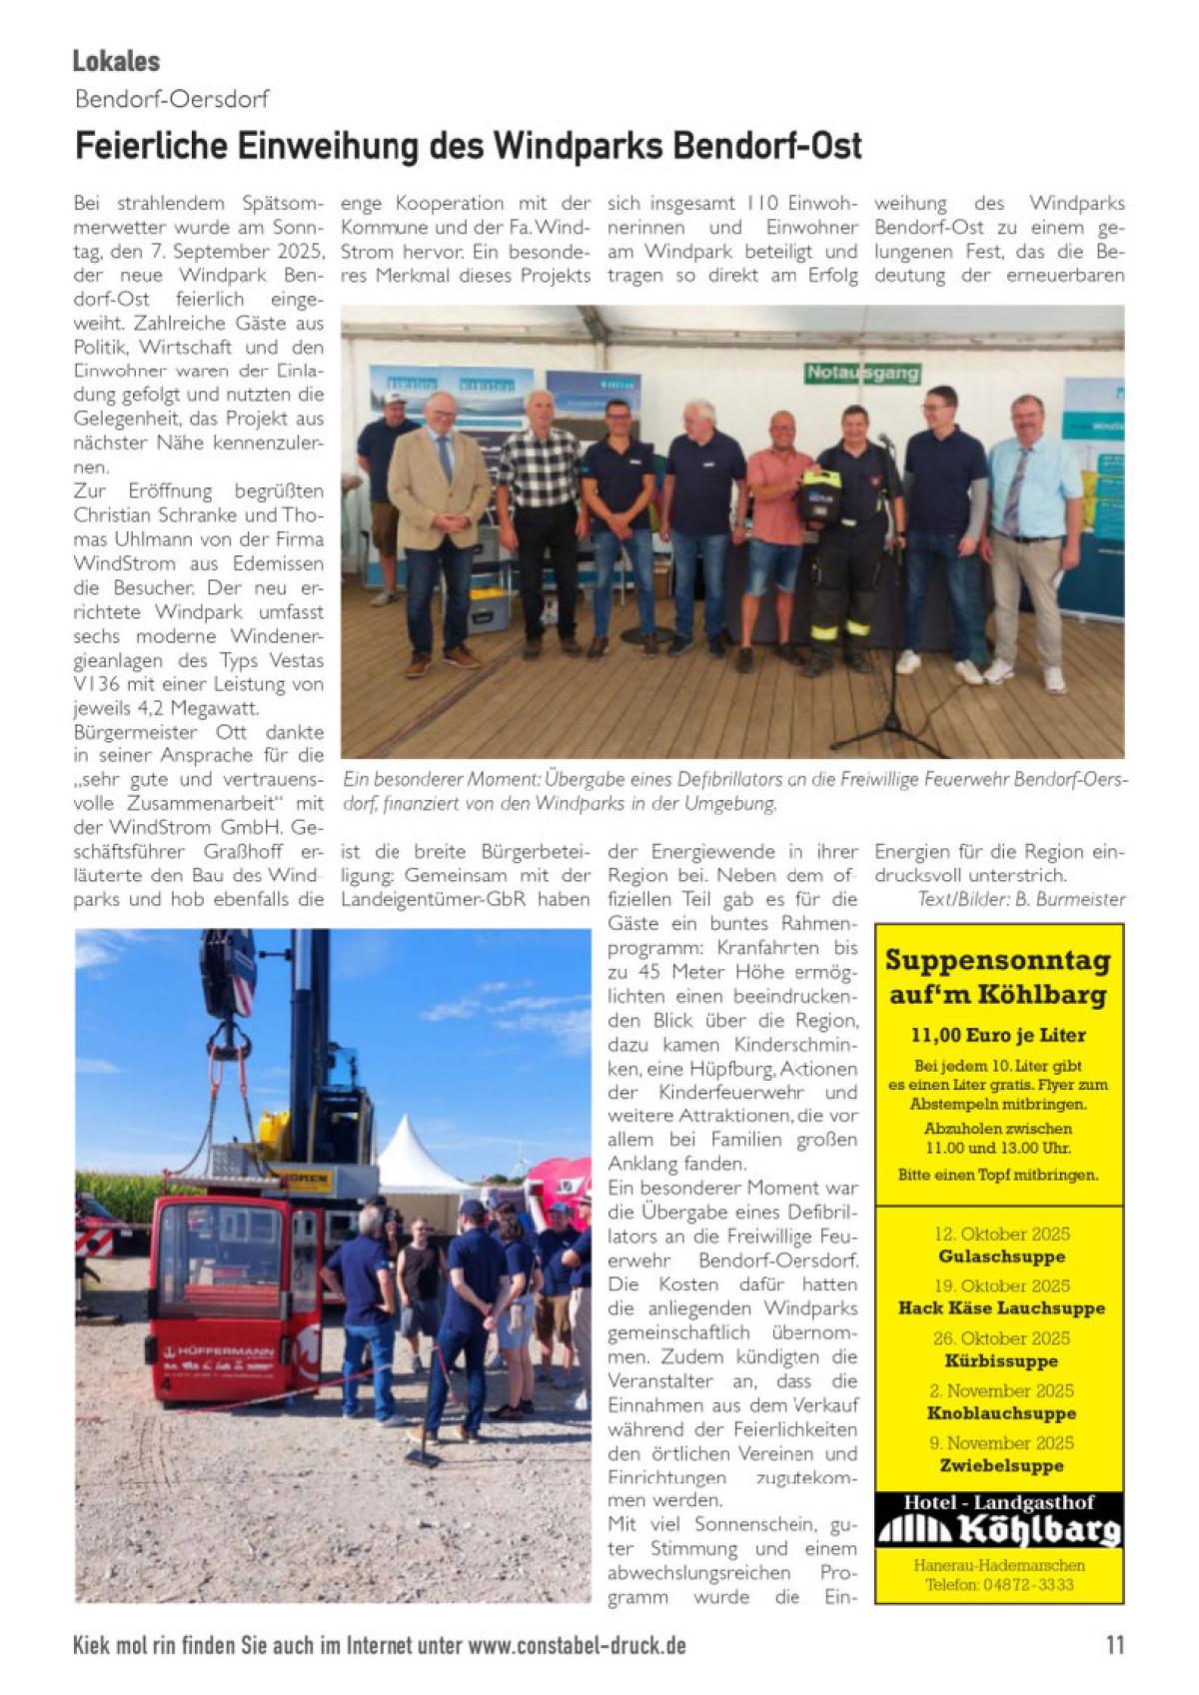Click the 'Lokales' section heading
116,61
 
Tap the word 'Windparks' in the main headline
577,146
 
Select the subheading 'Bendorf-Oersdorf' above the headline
172,99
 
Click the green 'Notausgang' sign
862,373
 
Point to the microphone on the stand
884,440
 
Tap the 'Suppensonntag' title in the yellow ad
997,961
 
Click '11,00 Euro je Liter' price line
997,1036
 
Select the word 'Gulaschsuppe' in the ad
1001,1257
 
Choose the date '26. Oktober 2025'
1001,1338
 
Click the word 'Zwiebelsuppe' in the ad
1001,1466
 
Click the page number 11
1115,1645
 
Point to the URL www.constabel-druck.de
577,1645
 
